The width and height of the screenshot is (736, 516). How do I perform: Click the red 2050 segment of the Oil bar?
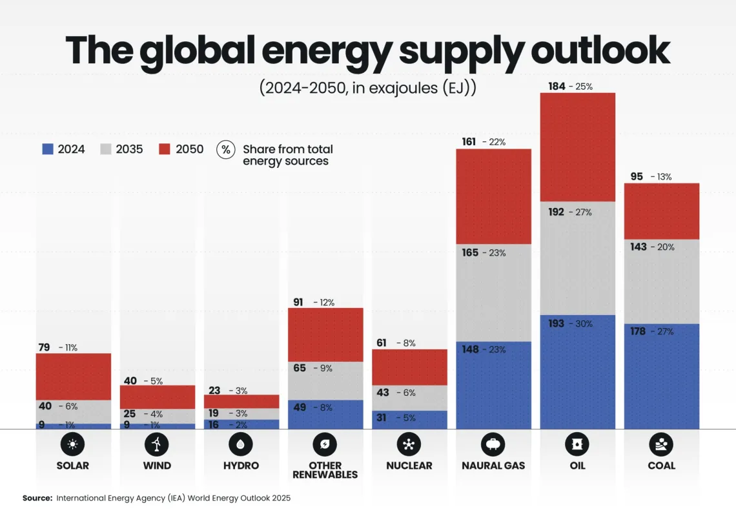[x=577, y=147]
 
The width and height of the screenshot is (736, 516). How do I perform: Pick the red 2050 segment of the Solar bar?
[x=73, y=377]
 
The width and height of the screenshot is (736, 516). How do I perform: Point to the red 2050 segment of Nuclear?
[x=409, y=367]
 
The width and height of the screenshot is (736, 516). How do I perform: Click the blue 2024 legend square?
[x=47, y=149]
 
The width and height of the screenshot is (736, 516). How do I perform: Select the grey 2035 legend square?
[x=105, y=149]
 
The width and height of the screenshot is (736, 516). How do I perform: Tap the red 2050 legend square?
[x=165, y=149]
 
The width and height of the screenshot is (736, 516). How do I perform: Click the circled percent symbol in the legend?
[x=225, y=150]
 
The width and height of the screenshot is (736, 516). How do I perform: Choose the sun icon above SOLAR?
[x=73, y=444]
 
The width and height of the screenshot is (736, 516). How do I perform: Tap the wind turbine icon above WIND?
[x=157, y=444]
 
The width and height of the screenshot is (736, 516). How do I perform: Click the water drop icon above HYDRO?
[x=241, y=444]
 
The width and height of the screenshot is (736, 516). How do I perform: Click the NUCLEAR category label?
[x=409, y=466]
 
